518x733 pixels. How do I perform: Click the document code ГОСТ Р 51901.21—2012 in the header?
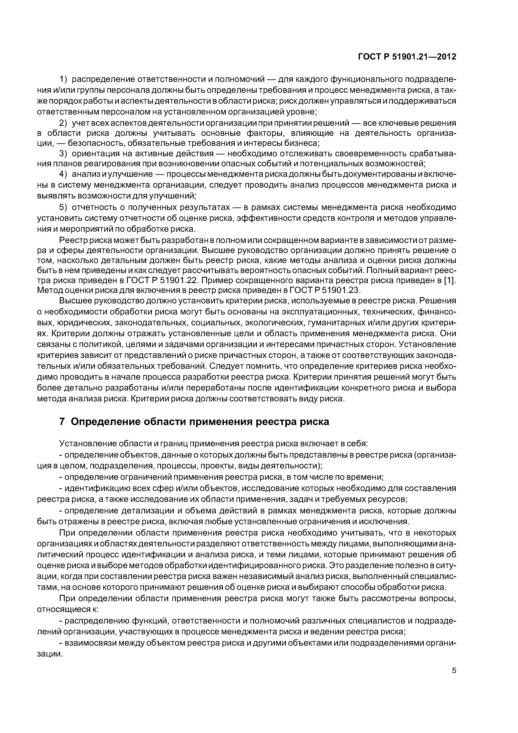point(407,57)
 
